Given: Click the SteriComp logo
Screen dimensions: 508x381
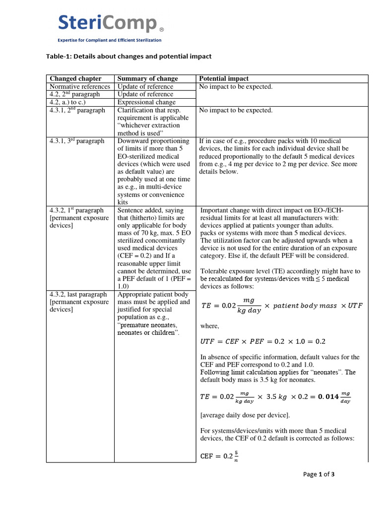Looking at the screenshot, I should tap(108, 23).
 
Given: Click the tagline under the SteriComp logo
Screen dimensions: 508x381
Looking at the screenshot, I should tap(110, 40).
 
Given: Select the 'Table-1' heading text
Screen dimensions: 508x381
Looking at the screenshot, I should tap(129, 57).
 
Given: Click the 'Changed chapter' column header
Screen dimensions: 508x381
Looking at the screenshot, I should tap(75, 78).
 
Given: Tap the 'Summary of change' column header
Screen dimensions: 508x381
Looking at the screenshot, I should tap(147, 78).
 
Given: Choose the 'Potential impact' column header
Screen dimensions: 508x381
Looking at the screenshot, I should tap(224, 78).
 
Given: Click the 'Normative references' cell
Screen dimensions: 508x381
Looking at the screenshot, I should tap(79, 86).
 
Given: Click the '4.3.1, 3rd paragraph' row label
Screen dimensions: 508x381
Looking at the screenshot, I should tap(77, 141).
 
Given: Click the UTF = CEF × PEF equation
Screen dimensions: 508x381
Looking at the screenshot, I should tap(262, 342).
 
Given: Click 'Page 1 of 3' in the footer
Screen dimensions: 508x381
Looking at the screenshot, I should tap(318, 474).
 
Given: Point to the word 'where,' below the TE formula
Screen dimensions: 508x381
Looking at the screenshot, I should tap(209, 326).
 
